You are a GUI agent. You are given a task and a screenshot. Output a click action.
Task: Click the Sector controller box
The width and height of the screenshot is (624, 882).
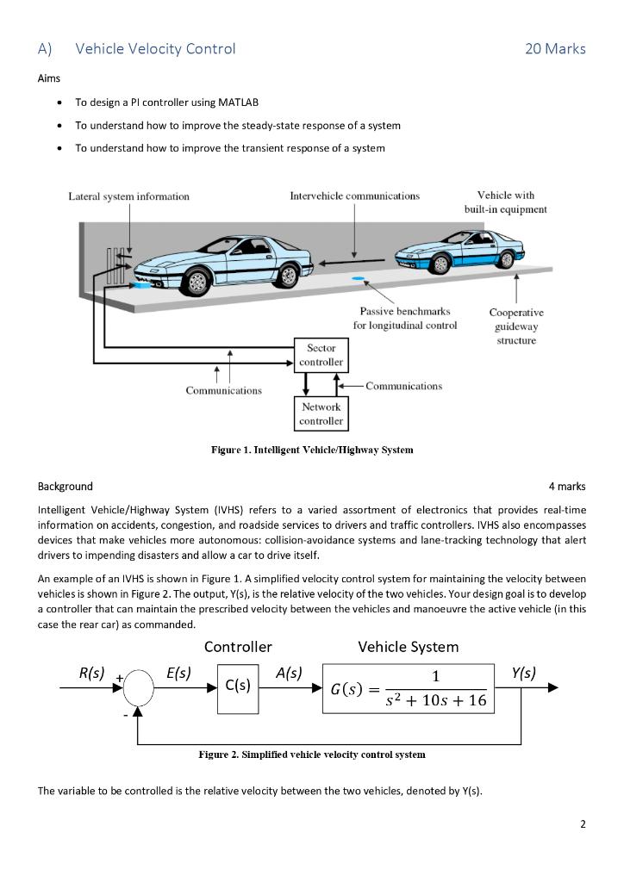pyautogui.click(x=321, y=355)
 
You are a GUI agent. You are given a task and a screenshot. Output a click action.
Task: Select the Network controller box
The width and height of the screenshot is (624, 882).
pyautogui.click(x=321, y=413)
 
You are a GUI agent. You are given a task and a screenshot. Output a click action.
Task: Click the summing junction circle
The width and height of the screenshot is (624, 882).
pyautogui.click(x=138, y=688)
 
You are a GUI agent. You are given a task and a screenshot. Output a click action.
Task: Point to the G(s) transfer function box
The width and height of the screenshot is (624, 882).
pyautogui.click(x=410, y=688)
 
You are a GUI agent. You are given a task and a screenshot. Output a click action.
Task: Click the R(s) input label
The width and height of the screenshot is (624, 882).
pyautogui.click(x=91, y=672)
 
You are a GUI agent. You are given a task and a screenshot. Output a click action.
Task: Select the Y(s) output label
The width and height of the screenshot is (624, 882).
pyautogui.click(x=522, y=672)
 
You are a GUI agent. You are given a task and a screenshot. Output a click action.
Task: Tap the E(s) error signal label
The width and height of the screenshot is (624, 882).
pyautogui.click(x=178, y=672)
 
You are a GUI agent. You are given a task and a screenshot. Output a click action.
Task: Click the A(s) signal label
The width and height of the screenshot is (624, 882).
pyautogui.click(x=289, y=672)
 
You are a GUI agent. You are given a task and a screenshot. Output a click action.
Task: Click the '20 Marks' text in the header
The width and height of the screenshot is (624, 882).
pyautogui.click(x=555, y=49)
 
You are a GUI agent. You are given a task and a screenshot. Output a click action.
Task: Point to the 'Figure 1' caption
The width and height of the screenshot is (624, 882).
pyautogui.click(x=312, y=450)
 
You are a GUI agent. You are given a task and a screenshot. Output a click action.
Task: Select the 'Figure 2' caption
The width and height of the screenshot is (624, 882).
pyautogui.click(x=312, y=755)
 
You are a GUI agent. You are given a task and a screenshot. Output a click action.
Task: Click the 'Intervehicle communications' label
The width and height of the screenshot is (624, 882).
pyautogui.click(x=355, y=196)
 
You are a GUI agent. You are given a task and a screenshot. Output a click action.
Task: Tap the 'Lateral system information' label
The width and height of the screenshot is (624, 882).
pyautogui.click(x=129, y=196)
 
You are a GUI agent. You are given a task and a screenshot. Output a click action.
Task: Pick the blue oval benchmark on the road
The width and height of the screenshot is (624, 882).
pyautogui.click(x=357, y=279)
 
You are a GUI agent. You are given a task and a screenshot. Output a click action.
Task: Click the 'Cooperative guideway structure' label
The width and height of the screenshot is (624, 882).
pyautogui.click(x=516, y=326)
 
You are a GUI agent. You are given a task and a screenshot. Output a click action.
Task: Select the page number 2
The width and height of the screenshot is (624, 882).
pyautogui.click(x=583, y=824)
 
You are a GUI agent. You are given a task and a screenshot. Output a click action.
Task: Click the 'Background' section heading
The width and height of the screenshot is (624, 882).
pyautogui.click(x=66, y=487)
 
